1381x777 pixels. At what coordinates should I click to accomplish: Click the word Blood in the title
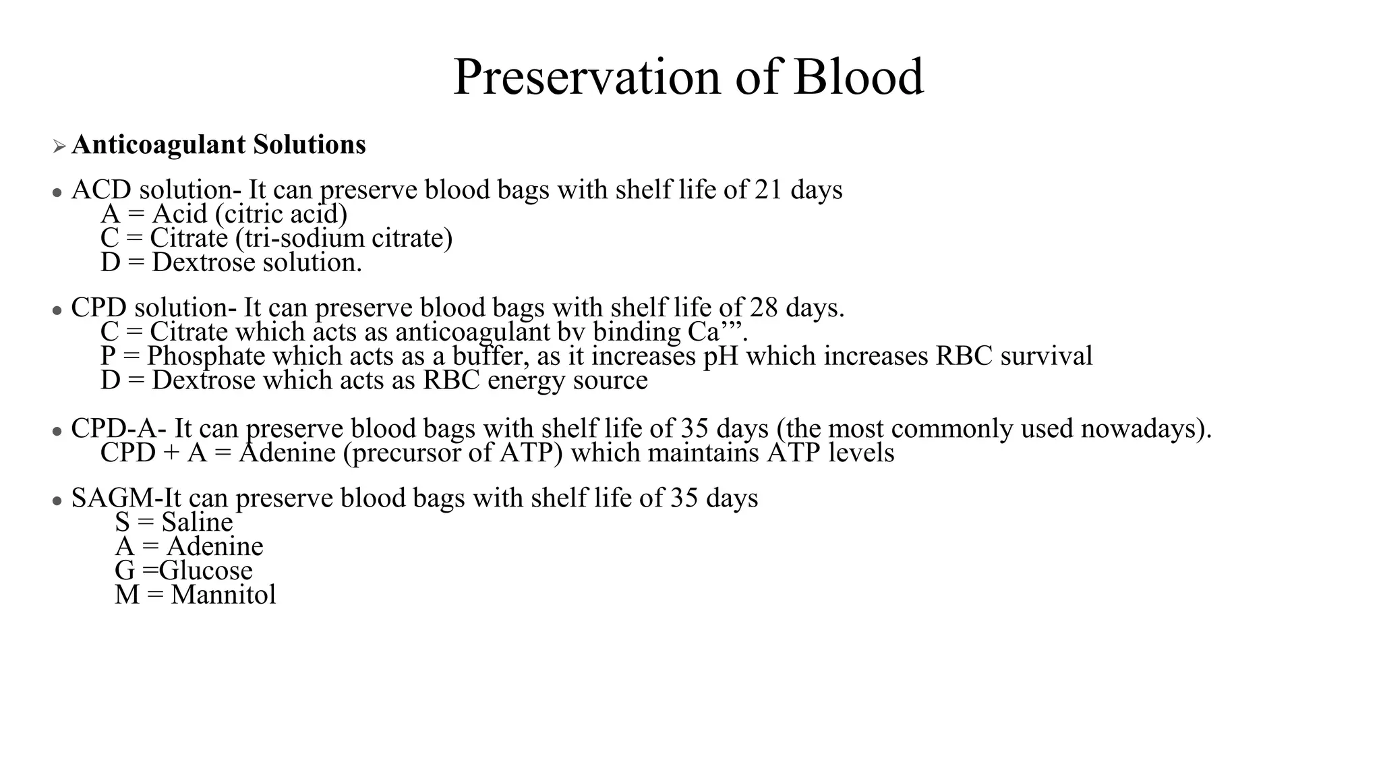click(858, 77)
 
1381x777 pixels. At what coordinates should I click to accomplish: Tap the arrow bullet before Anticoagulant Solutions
click(59, 146)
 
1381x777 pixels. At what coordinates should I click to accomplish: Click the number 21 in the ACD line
click(768, 190)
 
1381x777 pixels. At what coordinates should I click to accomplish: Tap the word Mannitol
click(223, 594)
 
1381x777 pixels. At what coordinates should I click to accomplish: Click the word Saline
click(197, 522)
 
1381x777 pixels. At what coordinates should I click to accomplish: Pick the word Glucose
click(206, 571)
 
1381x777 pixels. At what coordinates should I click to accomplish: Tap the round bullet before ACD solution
click(57, 193)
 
